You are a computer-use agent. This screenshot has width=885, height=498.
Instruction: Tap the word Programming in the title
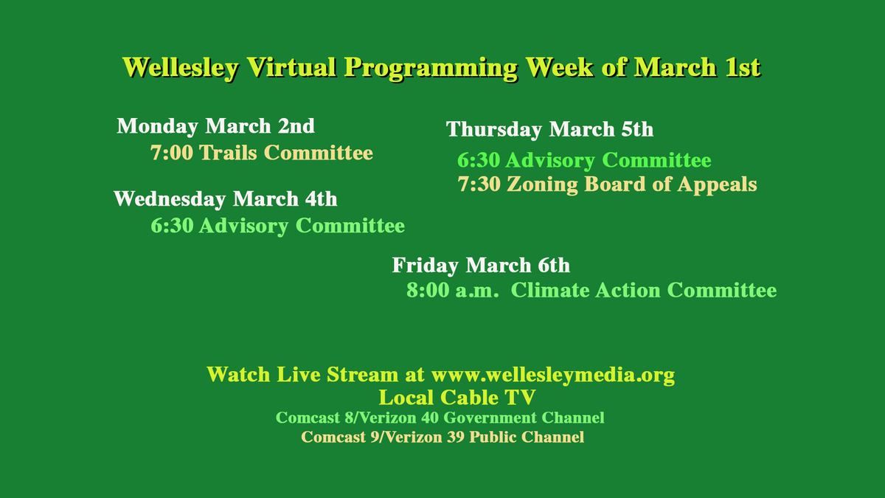[431, 67]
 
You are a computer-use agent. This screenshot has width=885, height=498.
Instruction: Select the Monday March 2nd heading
[215, 126]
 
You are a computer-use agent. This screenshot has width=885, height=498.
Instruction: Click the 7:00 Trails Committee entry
[261, 153]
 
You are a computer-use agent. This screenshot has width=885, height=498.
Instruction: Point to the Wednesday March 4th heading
[225, 198]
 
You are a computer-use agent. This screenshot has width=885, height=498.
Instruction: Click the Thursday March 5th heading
[549, 130]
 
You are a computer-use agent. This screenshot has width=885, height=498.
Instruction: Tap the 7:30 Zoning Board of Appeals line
[607, 184]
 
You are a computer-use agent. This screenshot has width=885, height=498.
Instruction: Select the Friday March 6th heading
[480, 265]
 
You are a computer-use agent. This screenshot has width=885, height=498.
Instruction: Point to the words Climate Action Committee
[644, 290]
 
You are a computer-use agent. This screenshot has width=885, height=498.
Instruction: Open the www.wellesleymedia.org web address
[552, 374]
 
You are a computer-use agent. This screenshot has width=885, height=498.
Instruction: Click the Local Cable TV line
[457, 398]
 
